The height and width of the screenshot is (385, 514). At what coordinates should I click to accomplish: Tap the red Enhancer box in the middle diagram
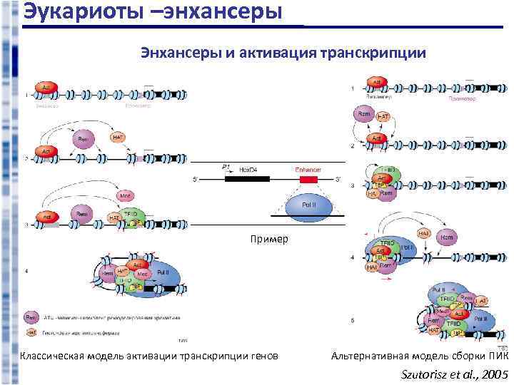point(308,178)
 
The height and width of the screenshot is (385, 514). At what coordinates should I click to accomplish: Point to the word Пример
point(269,238)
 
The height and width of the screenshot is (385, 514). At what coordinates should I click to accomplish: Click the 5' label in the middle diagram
point(195,179)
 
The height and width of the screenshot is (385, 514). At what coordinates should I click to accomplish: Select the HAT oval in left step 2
point(119,136)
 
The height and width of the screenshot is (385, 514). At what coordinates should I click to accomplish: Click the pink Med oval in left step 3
point(126,195)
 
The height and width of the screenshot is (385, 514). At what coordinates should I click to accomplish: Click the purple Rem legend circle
point(32,315)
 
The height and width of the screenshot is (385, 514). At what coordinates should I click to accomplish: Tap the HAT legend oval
point(32,331)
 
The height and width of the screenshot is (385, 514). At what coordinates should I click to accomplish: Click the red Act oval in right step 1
point(376,81)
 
